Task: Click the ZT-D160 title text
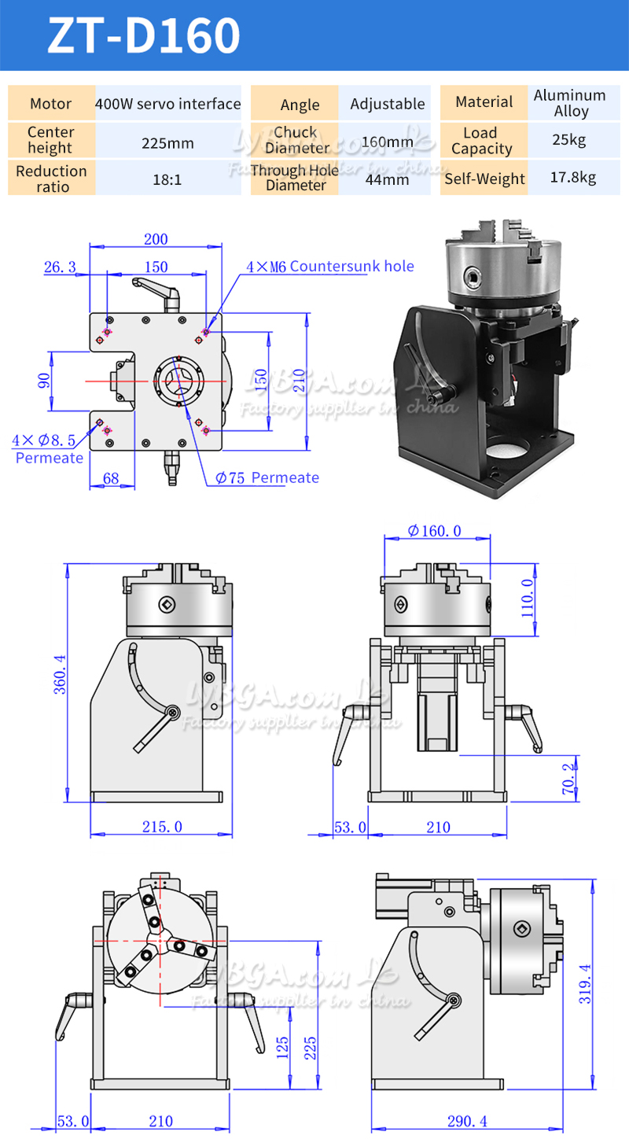coord(144,36)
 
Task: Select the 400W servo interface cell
coord(167,104)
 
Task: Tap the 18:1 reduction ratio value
coord(167,179)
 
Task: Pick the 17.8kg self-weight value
coord(572,178)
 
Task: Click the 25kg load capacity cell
coord(572,141)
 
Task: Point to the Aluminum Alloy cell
coord(570,103)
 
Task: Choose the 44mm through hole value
coord(388,179)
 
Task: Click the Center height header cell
coord(50,140)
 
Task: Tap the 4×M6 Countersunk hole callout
coord(330,267)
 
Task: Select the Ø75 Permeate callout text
coord(268,477)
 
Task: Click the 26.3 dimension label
coord(60,268)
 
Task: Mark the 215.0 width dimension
coord(163,827)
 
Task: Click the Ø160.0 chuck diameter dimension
coord(435,532)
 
